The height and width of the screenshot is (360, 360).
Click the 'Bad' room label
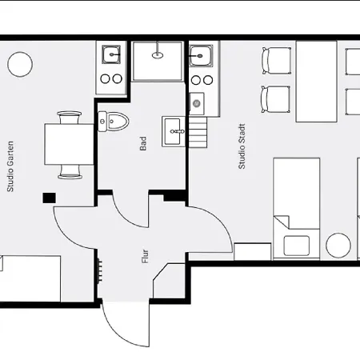point(143,143)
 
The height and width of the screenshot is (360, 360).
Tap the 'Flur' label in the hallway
point(145,257)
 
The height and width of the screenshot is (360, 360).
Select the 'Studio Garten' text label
point(10,166)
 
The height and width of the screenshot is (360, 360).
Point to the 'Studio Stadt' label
point(242,146)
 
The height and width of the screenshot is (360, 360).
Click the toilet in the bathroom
point(113,122)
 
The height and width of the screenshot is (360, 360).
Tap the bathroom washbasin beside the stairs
point(174,131)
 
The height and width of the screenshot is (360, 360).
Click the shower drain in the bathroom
point(158,55)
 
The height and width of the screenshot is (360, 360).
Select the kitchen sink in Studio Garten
point(111,54)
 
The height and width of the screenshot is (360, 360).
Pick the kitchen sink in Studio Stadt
point(201,56)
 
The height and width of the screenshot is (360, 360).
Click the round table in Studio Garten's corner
point(20,64)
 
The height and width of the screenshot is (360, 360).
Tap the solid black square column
point(50,198)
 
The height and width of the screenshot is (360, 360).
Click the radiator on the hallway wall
point(100,270)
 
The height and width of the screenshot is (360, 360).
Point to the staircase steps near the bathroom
point(198,132)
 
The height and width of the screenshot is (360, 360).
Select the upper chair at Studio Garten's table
point(70,118)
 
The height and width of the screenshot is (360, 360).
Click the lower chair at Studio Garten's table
point(70,172)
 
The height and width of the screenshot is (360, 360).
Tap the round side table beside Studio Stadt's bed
point(338,246)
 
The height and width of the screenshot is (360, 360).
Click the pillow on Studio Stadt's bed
point(297,246)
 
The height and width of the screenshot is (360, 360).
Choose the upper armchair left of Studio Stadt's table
point(276,61)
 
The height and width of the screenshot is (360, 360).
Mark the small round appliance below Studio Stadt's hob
point(197,103)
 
